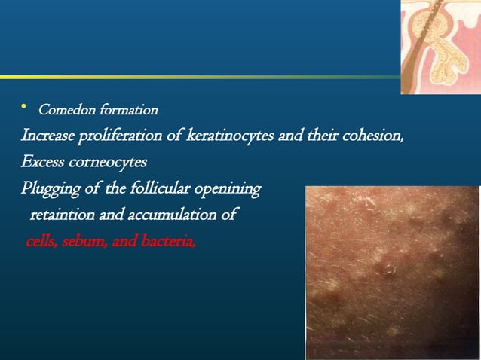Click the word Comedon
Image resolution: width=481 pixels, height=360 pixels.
(x=64, y=111)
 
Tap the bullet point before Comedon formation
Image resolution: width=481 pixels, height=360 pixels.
(x=24, y=109)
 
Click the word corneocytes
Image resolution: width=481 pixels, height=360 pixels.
(x=110, y=163)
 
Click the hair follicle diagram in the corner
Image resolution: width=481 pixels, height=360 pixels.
(x=440, y=45)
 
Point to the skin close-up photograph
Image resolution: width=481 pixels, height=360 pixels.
(x=392, y=271)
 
